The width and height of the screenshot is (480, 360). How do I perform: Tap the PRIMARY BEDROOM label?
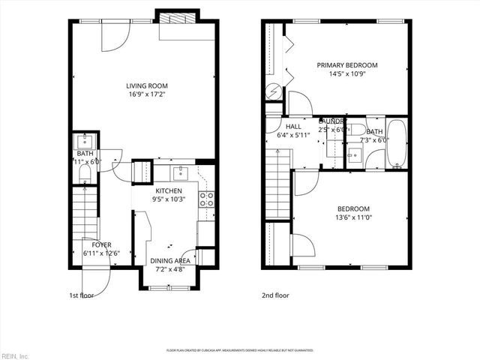[x=346, y=65]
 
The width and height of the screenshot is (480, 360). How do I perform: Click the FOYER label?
[x=101, y=244]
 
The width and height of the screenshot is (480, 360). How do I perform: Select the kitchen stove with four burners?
[x=206, y=199]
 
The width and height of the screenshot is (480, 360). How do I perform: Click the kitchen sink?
[x=180, y=174]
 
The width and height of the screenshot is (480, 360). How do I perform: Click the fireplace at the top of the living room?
[x=178, y=19]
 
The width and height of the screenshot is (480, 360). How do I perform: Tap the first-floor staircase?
[x=88, y=214]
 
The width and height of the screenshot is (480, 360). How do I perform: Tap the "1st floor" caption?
[x=83, y=295]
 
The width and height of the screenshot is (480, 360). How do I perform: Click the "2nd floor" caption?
[x=275, y=295]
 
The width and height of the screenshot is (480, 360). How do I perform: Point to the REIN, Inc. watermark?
[x=15, y=355]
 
